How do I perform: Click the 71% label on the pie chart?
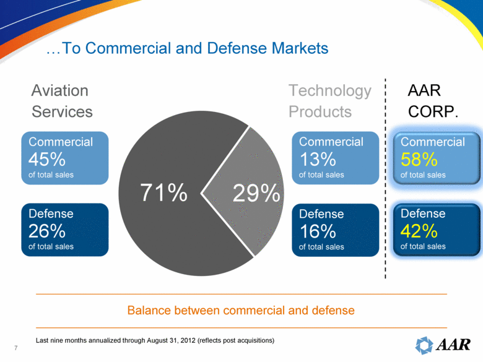tap(163, 193)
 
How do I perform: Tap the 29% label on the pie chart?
tap(255, 194)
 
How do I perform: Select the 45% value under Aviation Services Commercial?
tap(47, 159)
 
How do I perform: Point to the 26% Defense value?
tap(47, 231)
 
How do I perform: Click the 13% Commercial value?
tap(317, 159)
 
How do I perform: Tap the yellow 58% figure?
tap(419, 159)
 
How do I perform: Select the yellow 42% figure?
tap(419, 231)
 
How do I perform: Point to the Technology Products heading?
tap(329, 101)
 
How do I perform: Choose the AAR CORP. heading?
tap(433, 101)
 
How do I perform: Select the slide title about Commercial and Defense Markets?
tap(187, 48)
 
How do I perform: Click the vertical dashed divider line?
tap(385, 179)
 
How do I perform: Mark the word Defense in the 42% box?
tap(423, 213)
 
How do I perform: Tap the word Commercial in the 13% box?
tap(331, 142)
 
